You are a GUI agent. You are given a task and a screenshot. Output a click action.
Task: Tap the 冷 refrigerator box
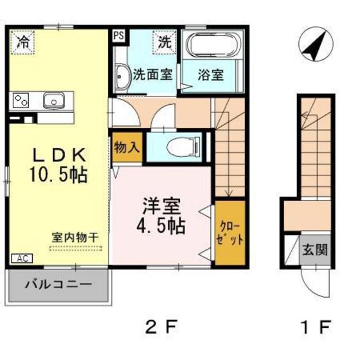pos(23,43)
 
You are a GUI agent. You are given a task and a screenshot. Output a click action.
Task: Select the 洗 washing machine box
pos(165,43)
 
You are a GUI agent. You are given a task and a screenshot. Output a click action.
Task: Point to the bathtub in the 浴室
pos(212,46)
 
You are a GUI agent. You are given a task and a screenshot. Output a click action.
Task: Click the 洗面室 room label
pos(152,75)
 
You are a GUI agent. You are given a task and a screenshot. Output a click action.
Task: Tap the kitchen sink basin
pos(52,100)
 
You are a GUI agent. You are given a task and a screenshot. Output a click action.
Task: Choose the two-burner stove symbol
pos(22,100)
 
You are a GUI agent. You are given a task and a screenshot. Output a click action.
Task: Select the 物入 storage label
pos(127,147)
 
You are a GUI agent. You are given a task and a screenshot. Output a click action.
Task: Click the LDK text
pos(55,155)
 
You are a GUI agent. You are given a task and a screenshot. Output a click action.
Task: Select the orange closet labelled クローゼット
pos(230,233)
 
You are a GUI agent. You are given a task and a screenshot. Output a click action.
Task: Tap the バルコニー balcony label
pos(58,284)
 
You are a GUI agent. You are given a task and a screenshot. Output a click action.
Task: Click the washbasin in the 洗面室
pos(122,77)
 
